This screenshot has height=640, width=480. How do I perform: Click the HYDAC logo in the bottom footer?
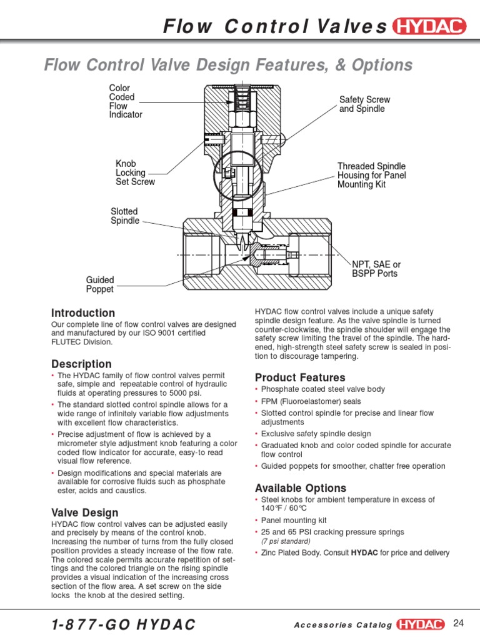[x=421, y=624]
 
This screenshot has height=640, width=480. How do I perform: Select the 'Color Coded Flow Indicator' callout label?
[x=125, y=101]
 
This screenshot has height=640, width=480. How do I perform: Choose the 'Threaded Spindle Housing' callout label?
[x=371, y=175]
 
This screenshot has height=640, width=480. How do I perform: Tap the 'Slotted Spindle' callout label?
[x=125, y=216]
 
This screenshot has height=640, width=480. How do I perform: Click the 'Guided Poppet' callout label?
[x=100, y=285]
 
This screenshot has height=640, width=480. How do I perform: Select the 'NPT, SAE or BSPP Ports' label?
[x=376, y=269]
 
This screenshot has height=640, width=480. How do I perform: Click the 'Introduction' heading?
[x=83, y=312]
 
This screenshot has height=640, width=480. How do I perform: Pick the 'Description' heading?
[x=81, y=364]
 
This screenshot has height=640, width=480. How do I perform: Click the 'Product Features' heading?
[x=300, y=377]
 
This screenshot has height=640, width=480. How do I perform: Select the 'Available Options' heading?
[x=301, y=487]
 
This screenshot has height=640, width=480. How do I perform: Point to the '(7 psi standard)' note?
[x=286, y=541]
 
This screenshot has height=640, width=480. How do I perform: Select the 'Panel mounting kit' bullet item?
[x=294, y=520]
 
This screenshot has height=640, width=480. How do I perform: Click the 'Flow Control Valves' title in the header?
[x=275, y=26]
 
